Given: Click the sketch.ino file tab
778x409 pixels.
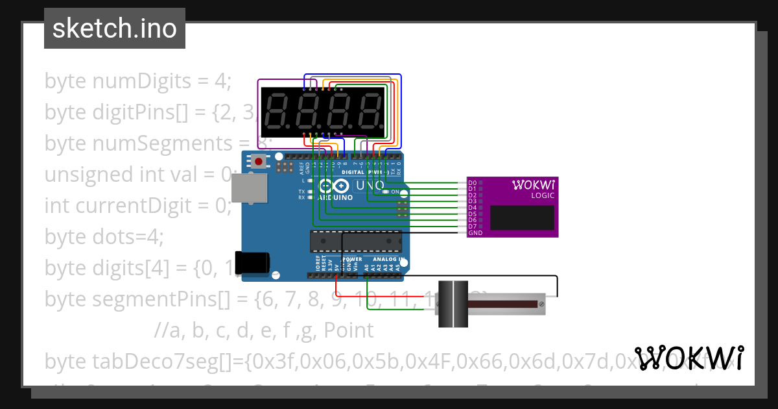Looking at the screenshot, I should (115, 29).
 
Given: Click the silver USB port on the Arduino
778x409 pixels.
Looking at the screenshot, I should (249, 188).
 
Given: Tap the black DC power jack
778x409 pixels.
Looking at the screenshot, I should (252, 262).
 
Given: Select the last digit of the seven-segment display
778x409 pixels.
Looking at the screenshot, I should (371, 111).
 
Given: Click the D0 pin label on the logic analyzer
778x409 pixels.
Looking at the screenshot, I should (472, 183).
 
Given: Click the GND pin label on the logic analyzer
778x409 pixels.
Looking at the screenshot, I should (475, 232).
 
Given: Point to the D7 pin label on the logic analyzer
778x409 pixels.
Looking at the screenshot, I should (472, 226).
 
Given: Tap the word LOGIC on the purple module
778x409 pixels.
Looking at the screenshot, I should (542, 195).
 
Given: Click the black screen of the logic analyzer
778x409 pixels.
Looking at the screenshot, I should (522, 217).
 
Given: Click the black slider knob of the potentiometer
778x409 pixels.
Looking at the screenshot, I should (453, 303).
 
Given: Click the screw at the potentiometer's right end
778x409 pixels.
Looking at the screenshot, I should (550, 303).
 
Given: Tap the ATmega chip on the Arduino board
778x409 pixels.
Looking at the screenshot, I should (355, 241).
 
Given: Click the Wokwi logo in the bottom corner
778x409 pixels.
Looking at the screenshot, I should (689, 358).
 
